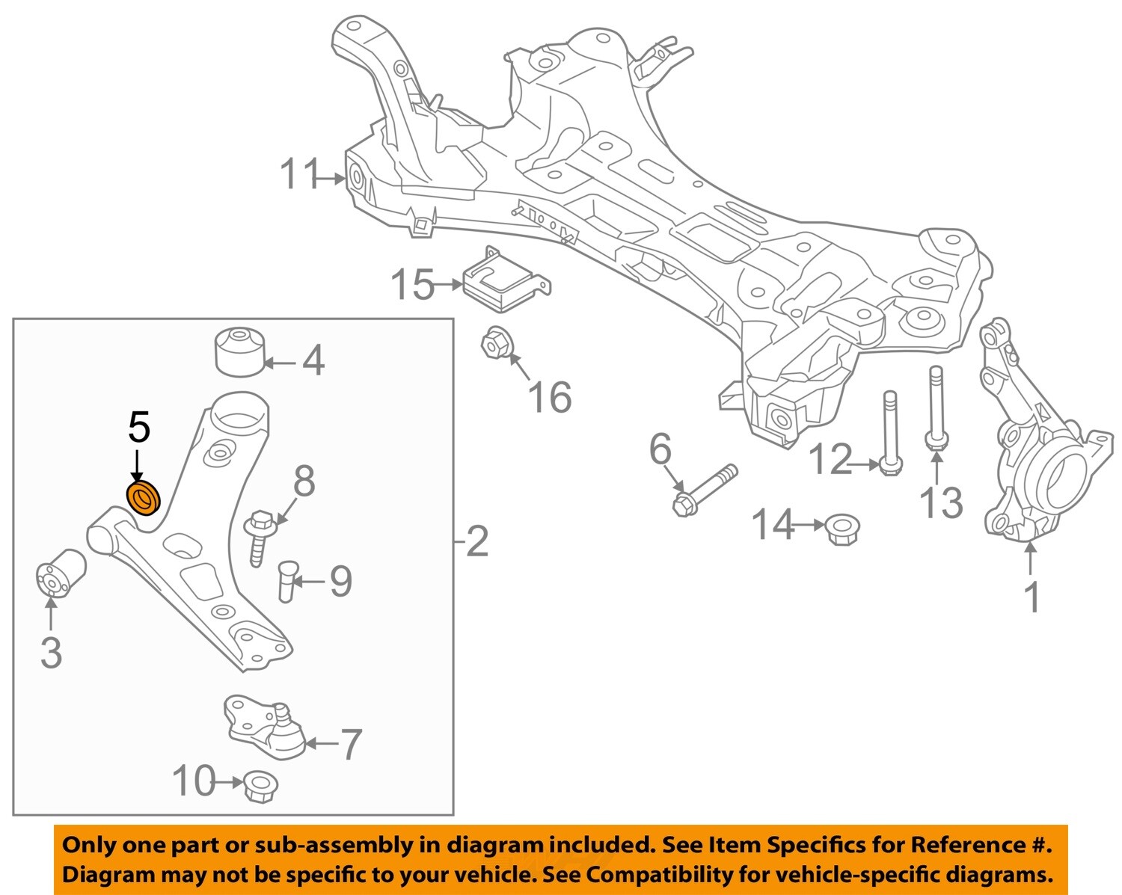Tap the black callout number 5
(x=139, y=428)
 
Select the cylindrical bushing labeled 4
(x=240, y=349)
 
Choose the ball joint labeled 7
(x=262, y=725)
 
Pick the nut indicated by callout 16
(x=496, y=344)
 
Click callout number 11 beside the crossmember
(x=299, y=176)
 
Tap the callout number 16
(x=550, y=396)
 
